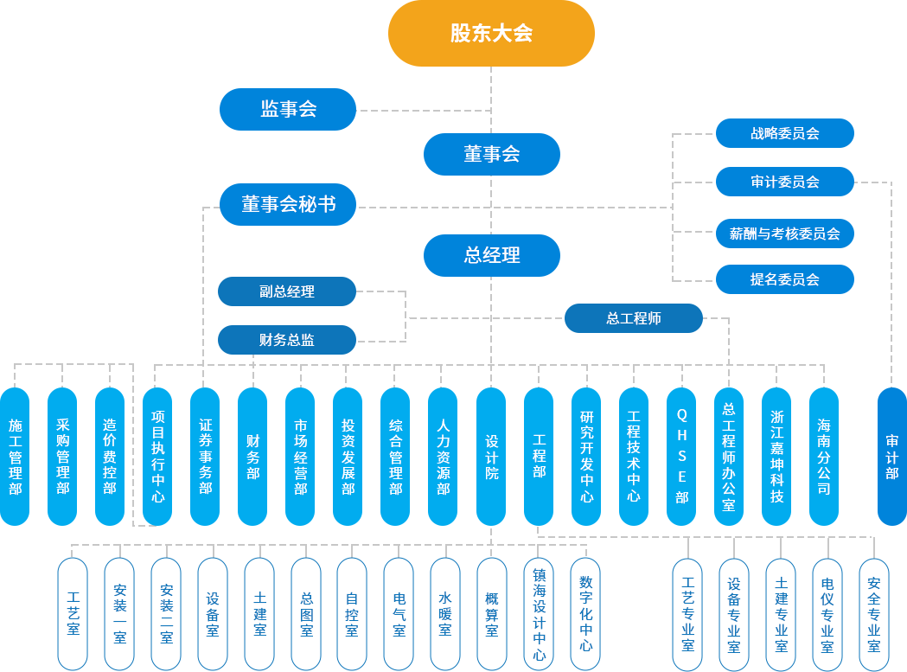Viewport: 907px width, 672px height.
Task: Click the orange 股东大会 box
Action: coord(491,34)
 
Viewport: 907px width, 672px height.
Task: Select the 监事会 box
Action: coord(288,109)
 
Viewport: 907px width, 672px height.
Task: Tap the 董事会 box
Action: coord(491,154)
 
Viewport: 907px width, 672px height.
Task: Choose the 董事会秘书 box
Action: coord(288,204)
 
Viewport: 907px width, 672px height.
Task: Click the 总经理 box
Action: coord(491,255)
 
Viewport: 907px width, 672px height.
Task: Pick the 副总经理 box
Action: coord(287,291)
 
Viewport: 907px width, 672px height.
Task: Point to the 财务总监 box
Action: coord(287,340)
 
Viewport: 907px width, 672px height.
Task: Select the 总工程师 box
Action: coord(633,318)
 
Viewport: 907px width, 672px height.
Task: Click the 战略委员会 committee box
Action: coord(784,133)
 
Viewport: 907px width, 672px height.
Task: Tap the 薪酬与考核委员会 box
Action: coord(784,233)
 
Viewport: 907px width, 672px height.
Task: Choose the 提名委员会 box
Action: coord(784,279)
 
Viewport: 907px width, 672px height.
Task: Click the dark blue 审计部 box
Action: coord(891,456)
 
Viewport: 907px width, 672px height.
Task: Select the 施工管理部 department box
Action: coord(15,456)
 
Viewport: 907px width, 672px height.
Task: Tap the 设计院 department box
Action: coord(491,456)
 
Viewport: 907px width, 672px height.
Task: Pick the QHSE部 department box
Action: coord(681,456)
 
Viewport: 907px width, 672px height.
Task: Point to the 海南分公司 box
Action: coord(824,456)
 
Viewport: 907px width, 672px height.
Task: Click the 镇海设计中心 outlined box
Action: coord(539,613)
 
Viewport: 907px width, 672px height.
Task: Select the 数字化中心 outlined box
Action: coord(585,613)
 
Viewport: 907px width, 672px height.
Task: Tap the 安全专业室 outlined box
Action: coord(873,613)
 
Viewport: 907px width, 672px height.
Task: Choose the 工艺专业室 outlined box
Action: coord(687,613)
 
